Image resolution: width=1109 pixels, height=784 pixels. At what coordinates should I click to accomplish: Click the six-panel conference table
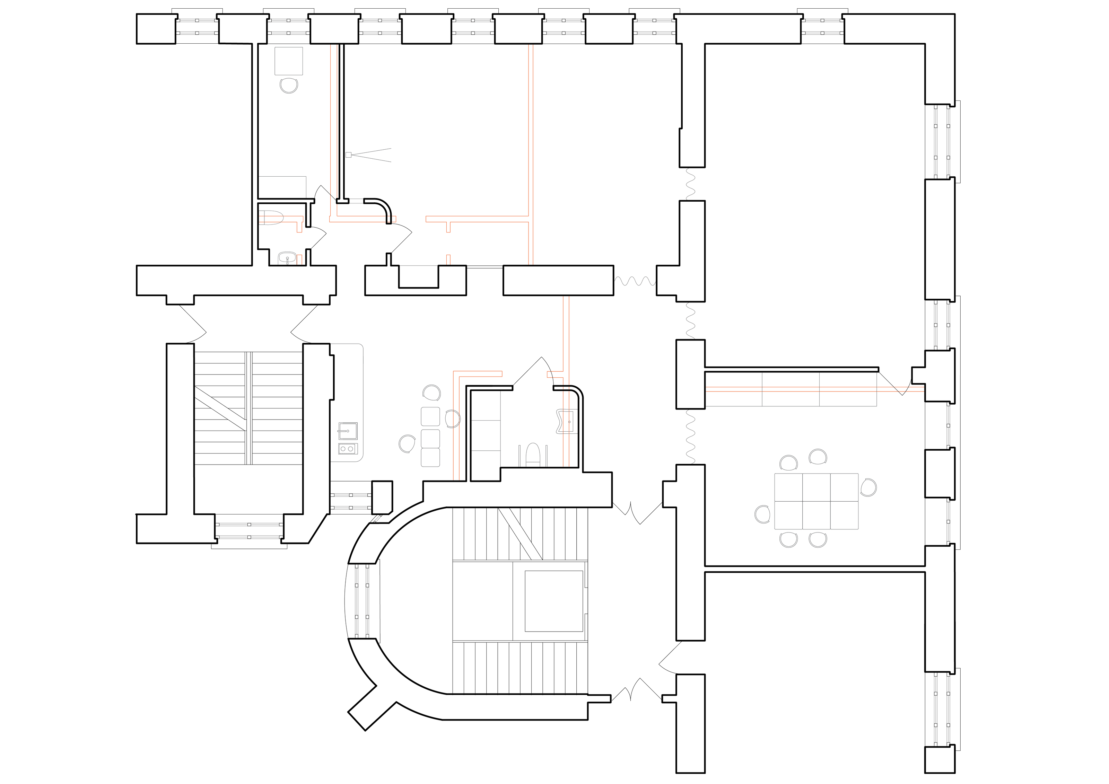click(816, 501)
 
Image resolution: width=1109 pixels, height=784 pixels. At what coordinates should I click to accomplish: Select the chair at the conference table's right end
click(869, 487)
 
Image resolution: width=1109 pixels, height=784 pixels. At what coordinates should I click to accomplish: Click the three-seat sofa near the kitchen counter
click(431, 437)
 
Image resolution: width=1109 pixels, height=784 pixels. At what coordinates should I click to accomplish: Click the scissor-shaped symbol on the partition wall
click(367, 155)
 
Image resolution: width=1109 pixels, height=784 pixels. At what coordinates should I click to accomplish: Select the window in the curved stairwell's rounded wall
click(362, 601)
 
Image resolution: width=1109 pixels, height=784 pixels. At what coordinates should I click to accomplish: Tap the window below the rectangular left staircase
click(249, 530)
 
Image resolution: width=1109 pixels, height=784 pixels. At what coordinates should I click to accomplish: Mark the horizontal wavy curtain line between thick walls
click(635, 281)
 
